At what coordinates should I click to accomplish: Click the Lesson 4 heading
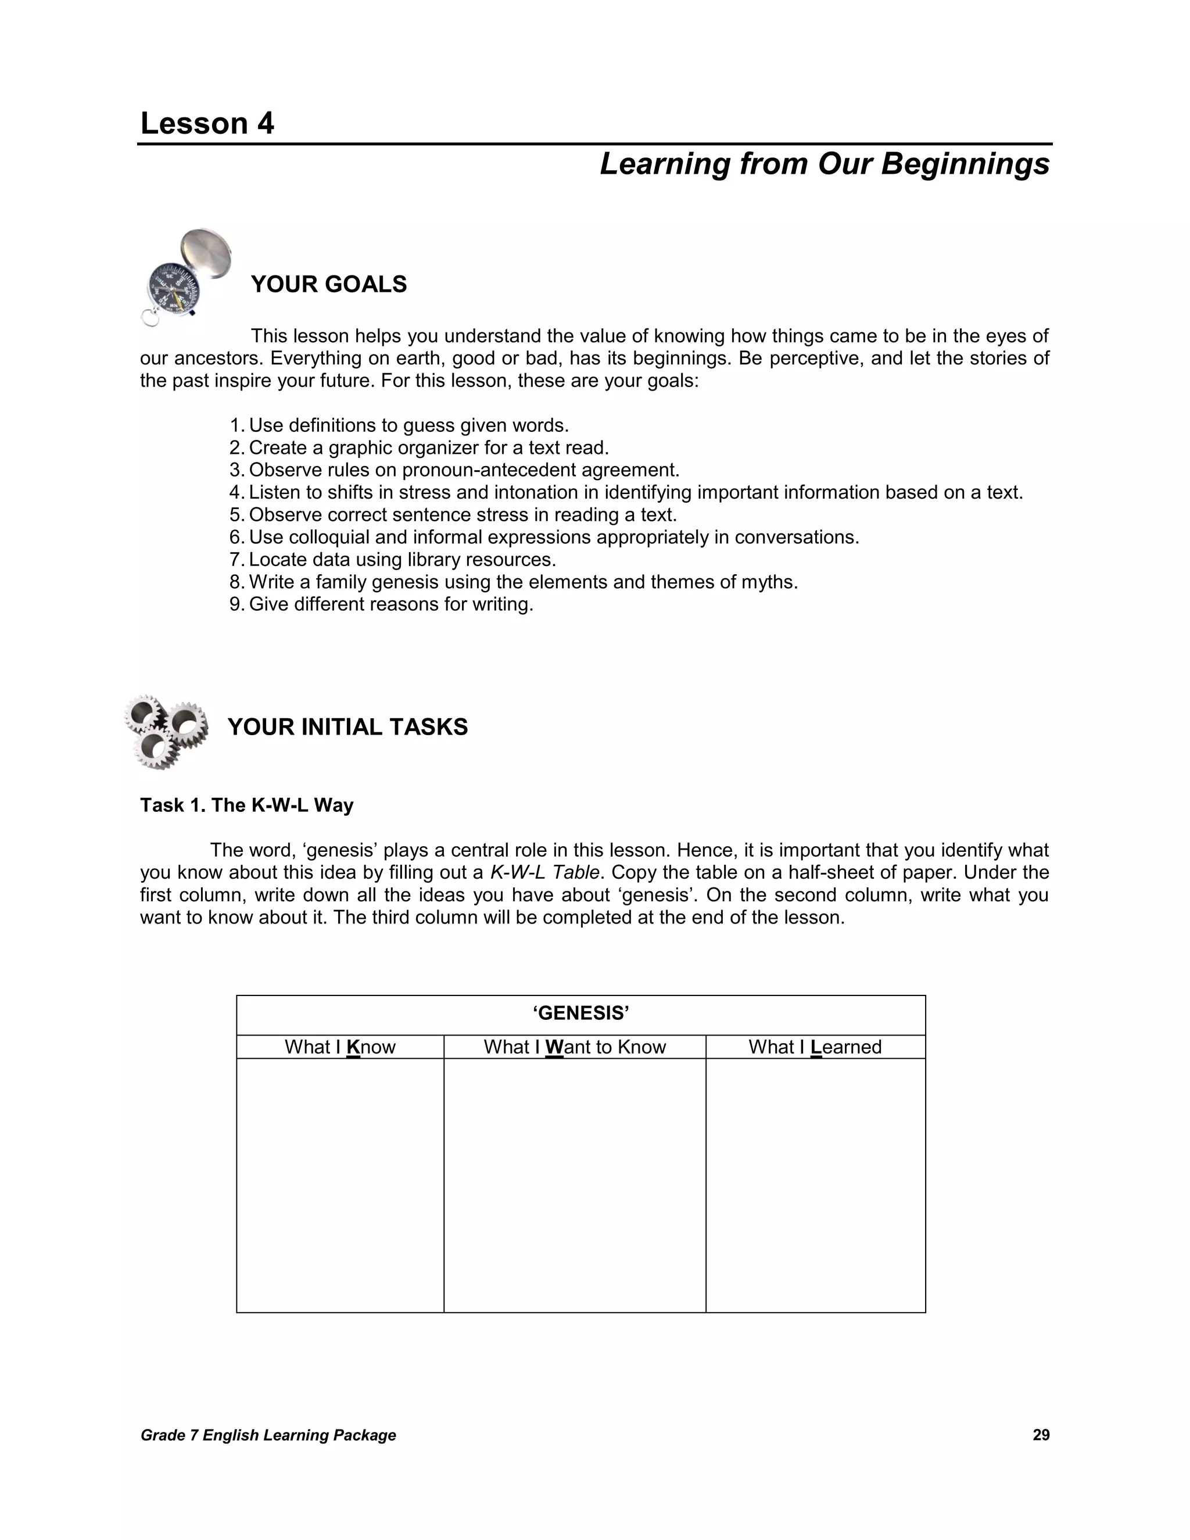(x=207, y=124)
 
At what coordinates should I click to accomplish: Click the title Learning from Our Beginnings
(x=824, y=164)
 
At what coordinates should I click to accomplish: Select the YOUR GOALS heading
(x=328, y=284)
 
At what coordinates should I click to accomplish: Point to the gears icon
(x=166, y=730)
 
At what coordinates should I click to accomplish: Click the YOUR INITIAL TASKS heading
(x=347, y=727)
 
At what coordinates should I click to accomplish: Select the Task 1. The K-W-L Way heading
(x=247, y=805)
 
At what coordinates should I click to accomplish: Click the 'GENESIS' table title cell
(x=580, y=1014)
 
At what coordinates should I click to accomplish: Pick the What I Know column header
(x=340, y=1047)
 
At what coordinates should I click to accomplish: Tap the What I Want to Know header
(x=575, y=1047)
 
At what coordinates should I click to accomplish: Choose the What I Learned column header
(x=815, y=1047)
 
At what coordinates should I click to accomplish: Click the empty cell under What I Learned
(x=815, y=1184)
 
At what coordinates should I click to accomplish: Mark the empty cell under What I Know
(x=340, y=1184)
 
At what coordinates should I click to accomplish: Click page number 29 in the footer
(x=1041, y=1435)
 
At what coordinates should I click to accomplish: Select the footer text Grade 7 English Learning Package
(x=268, y=1435)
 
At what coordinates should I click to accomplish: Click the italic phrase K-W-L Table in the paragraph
(x=544, y=873)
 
